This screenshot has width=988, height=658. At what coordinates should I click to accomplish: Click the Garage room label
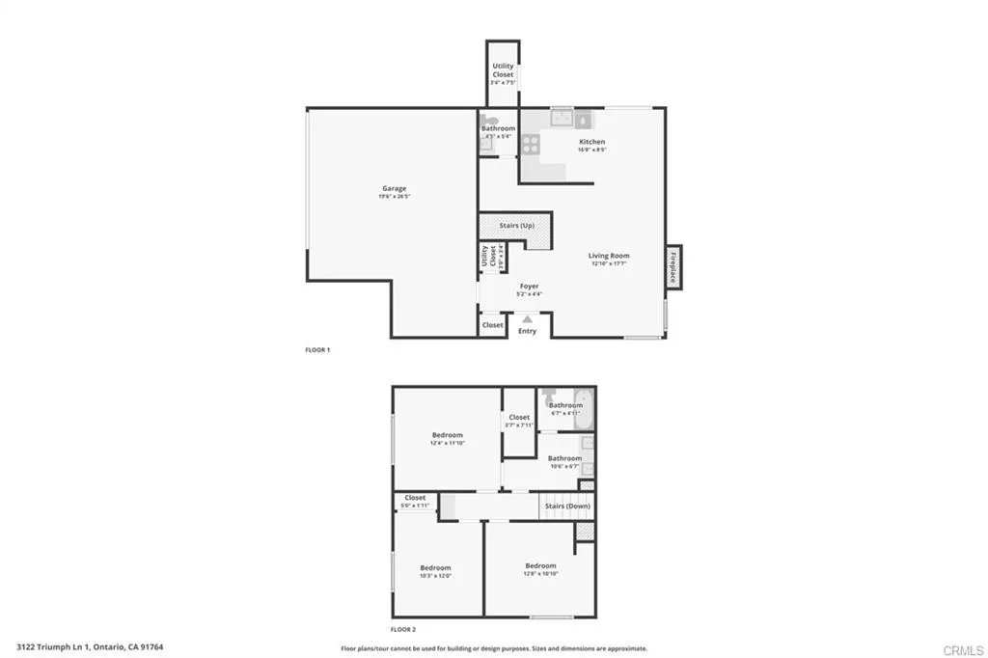393,188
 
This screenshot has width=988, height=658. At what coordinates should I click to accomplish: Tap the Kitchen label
591,142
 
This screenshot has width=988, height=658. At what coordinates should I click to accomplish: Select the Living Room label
609,256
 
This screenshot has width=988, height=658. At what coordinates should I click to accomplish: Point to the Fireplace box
673,265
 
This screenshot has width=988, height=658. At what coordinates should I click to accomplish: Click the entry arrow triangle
527,318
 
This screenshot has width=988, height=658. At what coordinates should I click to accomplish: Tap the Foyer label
529,287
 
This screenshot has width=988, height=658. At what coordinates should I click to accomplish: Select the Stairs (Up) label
516,226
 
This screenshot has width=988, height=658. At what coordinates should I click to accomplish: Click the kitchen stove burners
531,144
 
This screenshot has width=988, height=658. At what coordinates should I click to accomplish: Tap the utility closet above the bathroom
503,70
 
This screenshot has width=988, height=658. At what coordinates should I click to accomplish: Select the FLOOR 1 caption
317,350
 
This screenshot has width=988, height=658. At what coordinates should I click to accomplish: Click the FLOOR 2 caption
403,627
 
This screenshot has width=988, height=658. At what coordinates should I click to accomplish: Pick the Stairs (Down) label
566,506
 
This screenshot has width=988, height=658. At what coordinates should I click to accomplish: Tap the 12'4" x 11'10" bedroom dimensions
447,443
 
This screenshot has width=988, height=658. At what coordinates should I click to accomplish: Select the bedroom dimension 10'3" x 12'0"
435,576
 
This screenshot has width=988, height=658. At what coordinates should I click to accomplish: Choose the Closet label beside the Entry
492,325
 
